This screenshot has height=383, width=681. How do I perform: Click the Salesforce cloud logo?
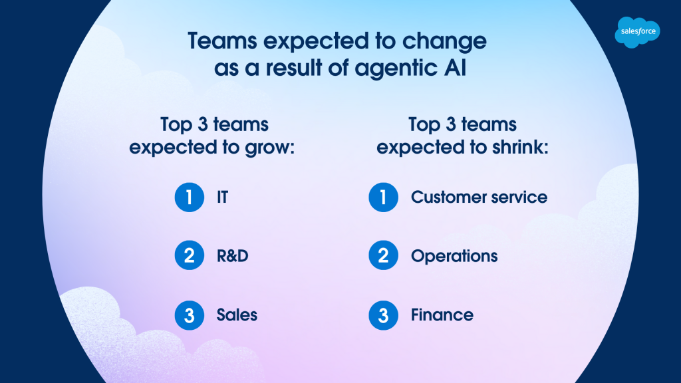pyautogui.click(x=637, y=32)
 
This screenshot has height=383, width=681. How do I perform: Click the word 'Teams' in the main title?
pyautogui.click(x=222, y=41)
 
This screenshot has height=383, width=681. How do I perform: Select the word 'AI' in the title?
pyautogui.click(x=455, y=68)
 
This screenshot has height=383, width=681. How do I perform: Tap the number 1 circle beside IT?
pyautogui.click(x=190, y=197)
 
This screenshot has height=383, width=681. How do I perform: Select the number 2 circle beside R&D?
pyautogui.click(x=190, y=255)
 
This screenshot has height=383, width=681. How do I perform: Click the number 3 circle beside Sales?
pyautogui.click(x=190, y=315)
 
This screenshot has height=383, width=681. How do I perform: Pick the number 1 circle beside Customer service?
pyautogui.click(x=384, y=197)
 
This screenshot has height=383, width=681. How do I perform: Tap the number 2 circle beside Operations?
pyautogui.click(x=384, y=255)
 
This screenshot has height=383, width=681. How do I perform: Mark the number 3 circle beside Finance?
pyautogui.click(x=384, y=315)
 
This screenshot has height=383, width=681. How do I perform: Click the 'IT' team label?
pyautogui.click(x=222, y=197)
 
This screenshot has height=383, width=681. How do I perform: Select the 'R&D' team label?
pyautogui.click(x=232, y=256)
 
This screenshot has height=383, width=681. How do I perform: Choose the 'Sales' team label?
pyautogui.click(x=237, y=315)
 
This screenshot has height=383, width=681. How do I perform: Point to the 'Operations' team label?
pyautogui.click(x=454, y=256)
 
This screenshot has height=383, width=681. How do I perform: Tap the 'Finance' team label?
pyautogui.click(x=442, y=315)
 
